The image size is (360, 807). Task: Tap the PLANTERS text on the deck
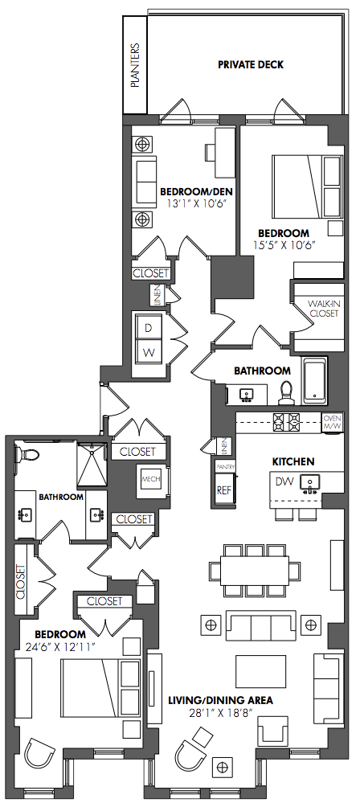click(x=135, y=65)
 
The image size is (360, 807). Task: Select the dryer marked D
click(x=149, y=327)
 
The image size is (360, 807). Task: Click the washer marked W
click(x=149, y=353)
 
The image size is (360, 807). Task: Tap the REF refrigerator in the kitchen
click(x=224, y=490)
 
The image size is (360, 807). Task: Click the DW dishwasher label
click(x=284, y=481)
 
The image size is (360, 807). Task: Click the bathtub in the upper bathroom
click(x=313, y=381)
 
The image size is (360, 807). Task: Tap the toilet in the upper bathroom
click(x=285, y=393)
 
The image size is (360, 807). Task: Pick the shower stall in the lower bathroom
click(x=92, y=465)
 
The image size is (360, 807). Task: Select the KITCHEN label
click(x=293, y=461)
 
